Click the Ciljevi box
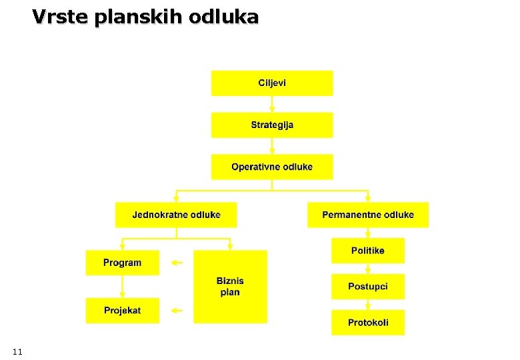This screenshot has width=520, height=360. point(272,83)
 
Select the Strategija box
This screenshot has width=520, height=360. point(272,125)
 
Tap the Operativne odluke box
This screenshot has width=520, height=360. point(272,167)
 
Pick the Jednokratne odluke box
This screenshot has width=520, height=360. point(176,215)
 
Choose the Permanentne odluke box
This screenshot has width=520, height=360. point(368,215)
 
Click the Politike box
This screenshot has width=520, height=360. point(368,251)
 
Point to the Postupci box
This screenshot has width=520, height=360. point(368,287)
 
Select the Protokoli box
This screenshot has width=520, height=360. point(368,323)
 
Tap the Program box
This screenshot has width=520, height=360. point(123,263)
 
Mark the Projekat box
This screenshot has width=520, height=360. point(123,311)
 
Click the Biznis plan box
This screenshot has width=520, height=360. point(230,287)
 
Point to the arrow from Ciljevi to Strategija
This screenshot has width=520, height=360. point(272,104)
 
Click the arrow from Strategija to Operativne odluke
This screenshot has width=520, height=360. point(272,146)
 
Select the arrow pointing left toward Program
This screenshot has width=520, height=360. point(177,263)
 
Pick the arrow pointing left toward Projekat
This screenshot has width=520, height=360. point(177,310)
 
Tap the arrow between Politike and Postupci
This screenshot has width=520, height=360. point(368,269)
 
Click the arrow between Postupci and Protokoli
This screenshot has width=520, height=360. point(368,305)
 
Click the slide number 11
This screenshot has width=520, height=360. point(17,351)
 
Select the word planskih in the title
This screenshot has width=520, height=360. point(138,17)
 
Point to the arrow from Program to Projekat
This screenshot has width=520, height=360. point(123,287)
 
